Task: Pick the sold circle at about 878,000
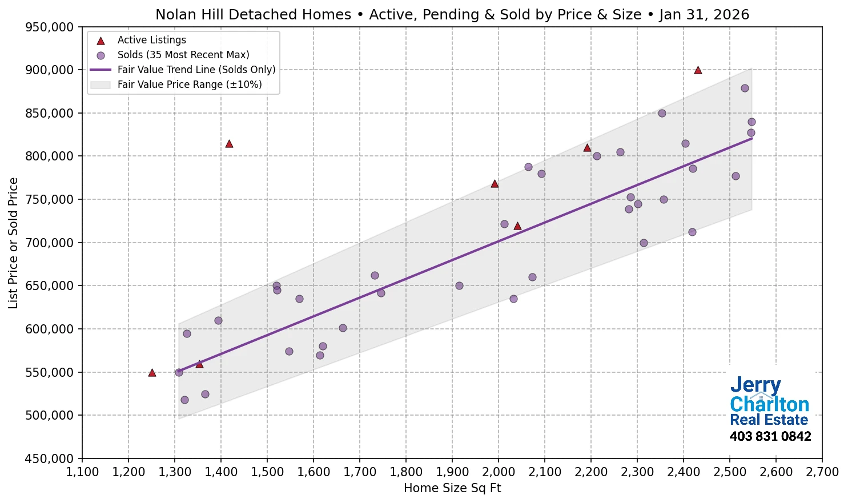coord(745,88)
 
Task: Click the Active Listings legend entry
coord(151,40)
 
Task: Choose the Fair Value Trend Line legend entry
coord(196,70)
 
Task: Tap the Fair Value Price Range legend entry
coord(189,84)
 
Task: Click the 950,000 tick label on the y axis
coord(50,27)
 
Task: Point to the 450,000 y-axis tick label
coord(50,458)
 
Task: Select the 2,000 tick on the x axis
coord(499,472)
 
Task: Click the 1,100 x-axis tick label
coord(82,472)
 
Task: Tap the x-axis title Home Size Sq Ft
coord(452,488)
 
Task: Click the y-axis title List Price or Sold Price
coord(13,243)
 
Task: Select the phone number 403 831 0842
coord(770,437)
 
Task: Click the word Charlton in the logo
coord(769,404)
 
